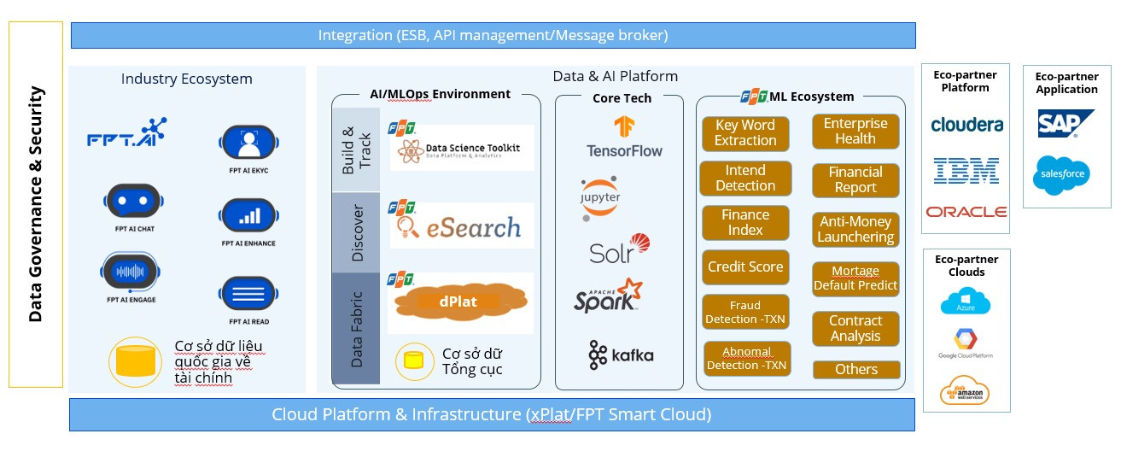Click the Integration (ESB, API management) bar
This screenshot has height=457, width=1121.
tap(493, 35)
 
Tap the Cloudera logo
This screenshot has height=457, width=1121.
tap(966, 125)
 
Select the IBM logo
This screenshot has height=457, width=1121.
tap(966, 170)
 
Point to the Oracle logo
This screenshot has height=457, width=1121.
tap(966, 212)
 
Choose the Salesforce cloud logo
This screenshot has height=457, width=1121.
tap(1061, 175)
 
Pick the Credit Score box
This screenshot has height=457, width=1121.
tap(744, 267)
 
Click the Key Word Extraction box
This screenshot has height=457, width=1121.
tap(745, 132)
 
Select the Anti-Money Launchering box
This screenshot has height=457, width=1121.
tap(855, 230)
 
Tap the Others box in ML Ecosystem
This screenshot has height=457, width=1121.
tap(856, 369)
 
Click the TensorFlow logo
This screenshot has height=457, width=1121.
tap(624, 137)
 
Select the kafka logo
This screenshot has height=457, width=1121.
tap(621, 354)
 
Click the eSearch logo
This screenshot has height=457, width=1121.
tap(461, 226)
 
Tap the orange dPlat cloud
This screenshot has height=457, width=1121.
tap(459, 302)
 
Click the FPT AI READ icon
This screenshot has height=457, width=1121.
tap(248, 295)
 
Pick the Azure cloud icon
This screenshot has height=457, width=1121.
tap(965, 302)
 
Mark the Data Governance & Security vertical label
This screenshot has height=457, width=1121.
tap(35, 204)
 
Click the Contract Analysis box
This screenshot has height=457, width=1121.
tap(855, 329)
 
